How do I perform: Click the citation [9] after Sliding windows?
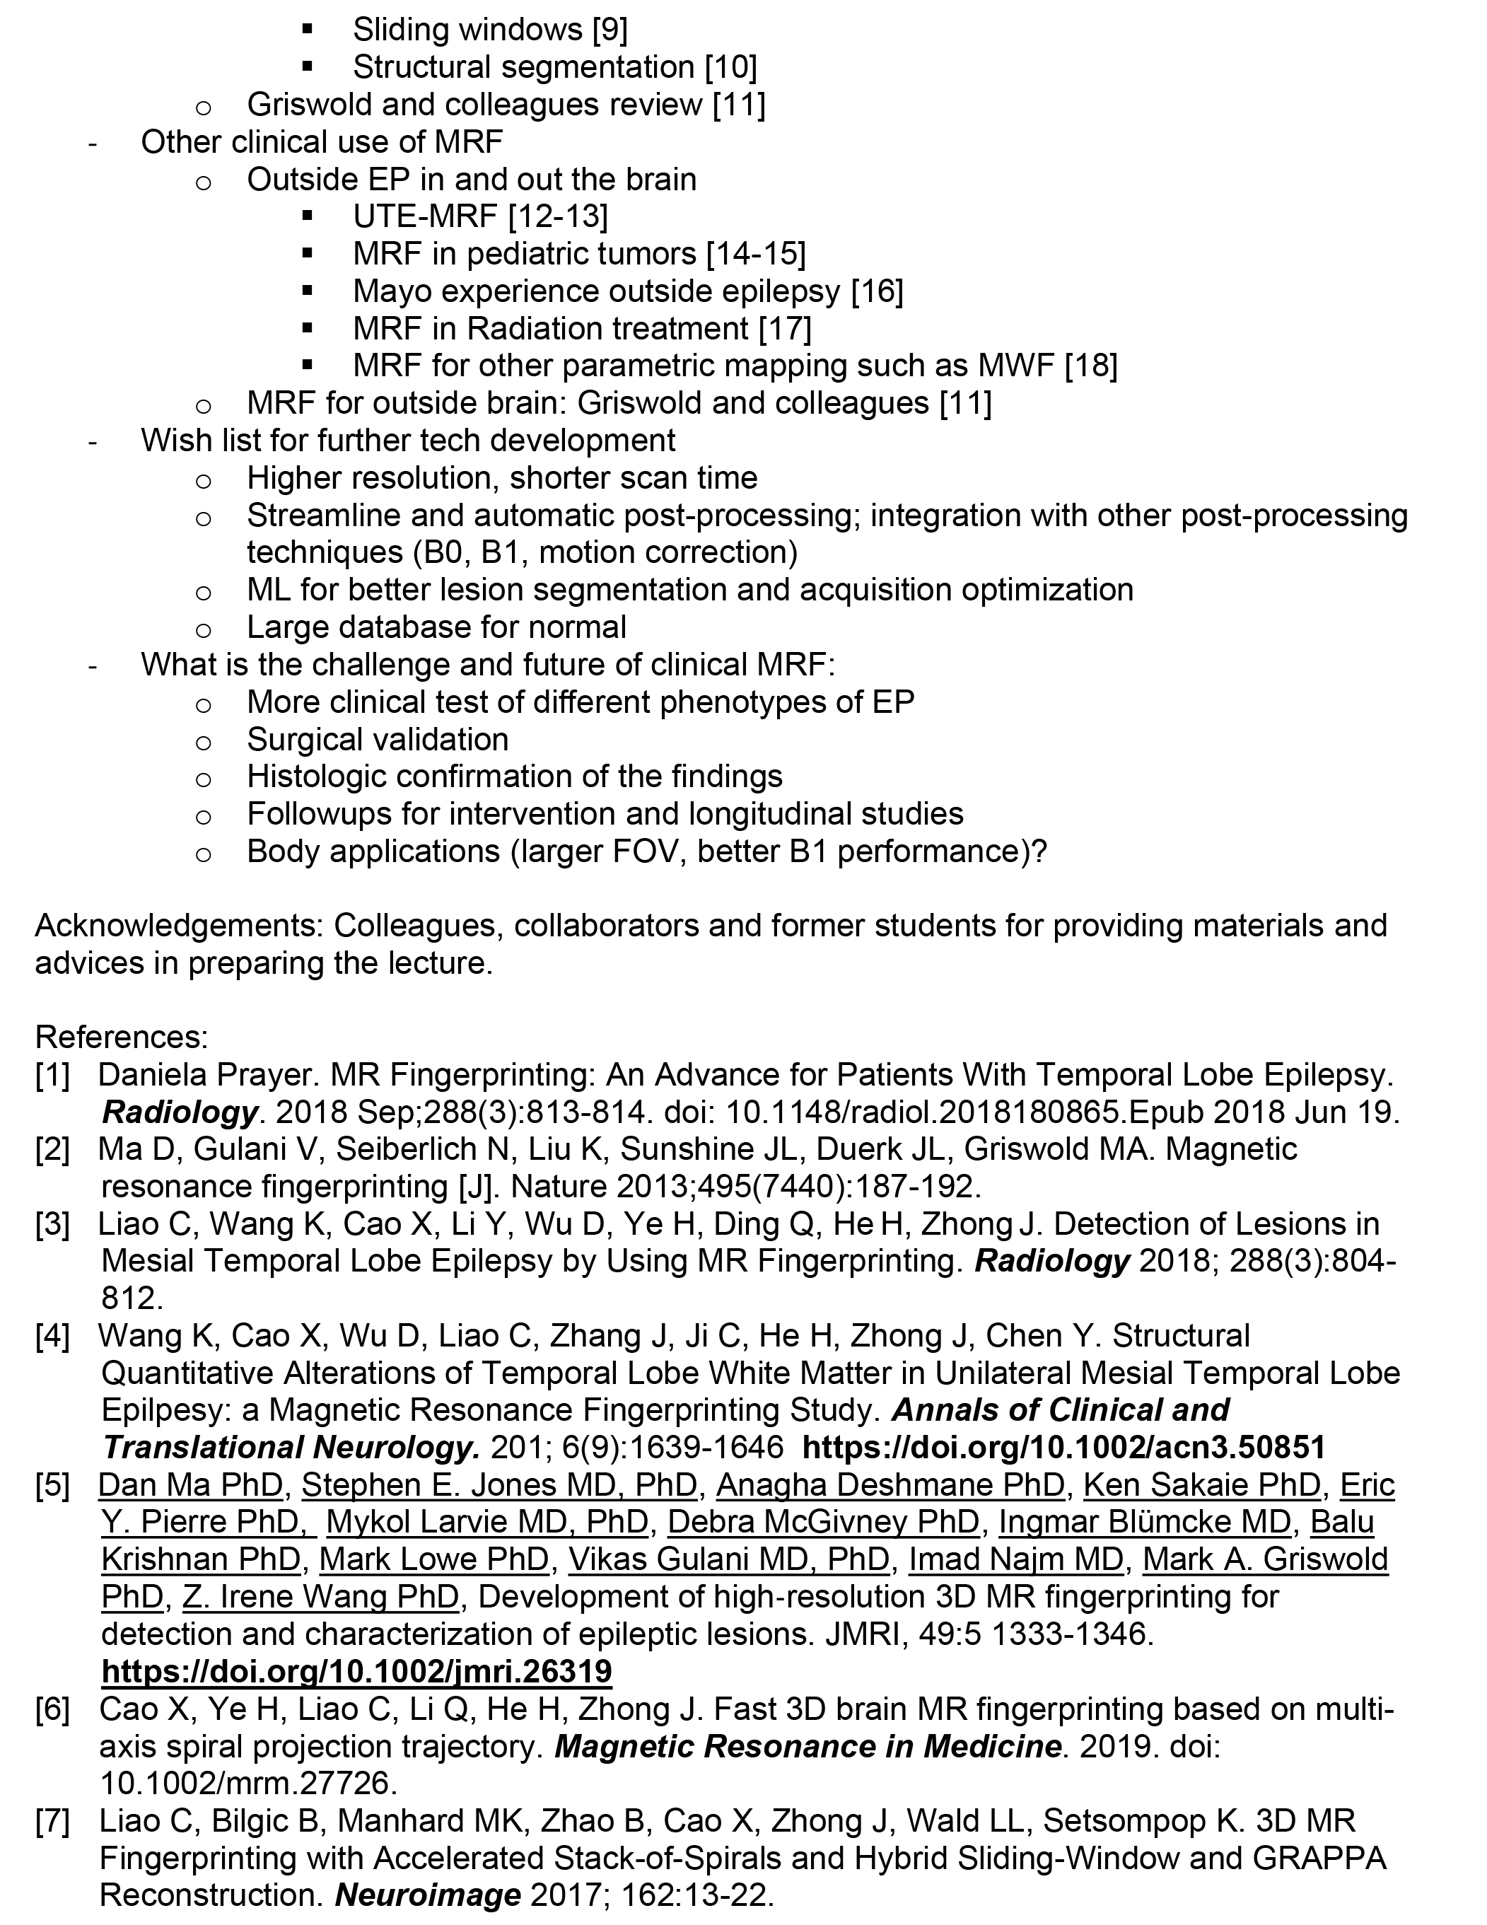point(610,30)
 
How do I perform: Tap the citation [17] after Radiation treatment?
point(784,328)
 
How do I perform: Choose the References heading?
point(122,1037)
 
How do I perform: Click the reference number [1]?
point(52,1074)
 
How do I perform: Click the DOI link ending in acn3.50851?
point(1064,1447)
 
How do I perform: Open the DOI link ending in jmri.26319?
point(356,1670)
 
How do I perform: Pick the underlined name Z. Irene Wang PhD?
point(321,1596)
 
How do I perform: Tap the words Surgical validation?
point(378,738)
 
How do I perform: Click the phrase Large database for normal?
point(436,627)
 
